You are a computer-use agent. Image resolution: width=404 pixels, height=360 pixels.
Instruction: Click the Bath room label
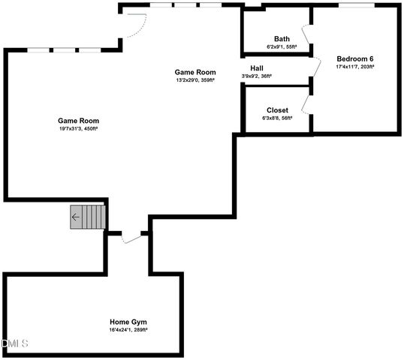pos(282,39)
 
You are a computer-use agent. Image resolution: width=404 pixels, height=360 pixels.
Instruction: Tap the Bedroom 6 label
pos(354,59)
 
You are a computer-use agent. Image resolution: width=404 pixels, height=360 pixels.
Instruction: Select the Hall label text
pos(257,67)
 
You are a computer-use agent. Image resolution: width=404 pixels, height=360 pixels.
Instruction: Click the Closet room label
pos(277,109)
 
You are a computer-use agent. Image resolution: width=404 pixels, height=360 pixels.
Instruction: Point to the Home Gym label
pos(128,322)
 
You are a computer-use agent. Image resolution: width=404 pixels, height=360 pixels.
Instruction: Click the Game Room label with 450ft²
pos(79,120)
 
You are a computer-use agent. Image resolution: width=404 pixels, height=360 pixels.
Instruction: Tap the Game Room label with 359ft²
pos(195,73)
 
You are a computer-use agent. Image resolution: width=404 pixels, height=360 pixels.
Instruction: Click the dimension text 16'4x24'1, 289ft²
pos(128,330)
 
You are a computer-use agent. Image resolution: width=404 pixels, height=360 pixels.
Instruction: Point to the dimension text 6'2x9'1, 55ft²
pos(282,47)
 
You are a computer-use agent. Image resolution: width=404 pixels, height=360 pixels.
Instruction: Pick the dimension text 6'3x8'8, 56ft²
pos(277,118)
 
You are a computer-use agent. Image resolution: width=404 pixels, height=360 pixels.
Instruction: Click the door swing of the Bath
pos(306,36)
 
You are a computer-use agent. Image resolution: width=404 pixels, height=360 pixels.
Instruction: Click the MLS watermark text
pos(15,343)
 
